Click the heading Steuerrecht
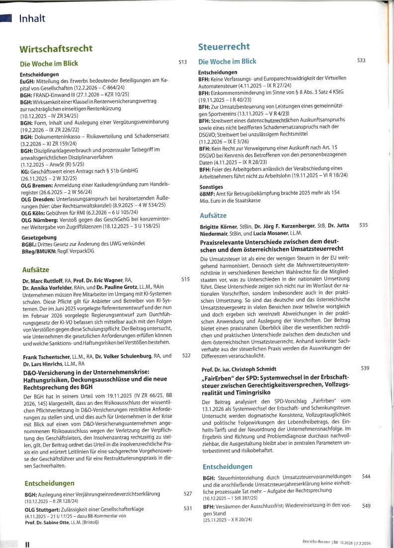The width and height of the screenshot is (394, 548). click(224, 47)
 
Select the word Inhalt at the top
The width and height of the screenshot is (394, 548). click(32, 19)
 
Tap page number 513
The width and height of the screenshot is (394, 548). click(182, 63)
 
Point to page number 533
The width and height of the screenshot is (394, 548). click(361, 60)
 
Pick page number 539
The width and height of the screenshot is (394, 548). click(365, 368)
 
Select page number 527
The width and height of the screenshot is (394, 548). click(187, 493)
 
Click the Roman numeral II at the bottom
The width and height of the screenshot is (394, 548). click(28, 544)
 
